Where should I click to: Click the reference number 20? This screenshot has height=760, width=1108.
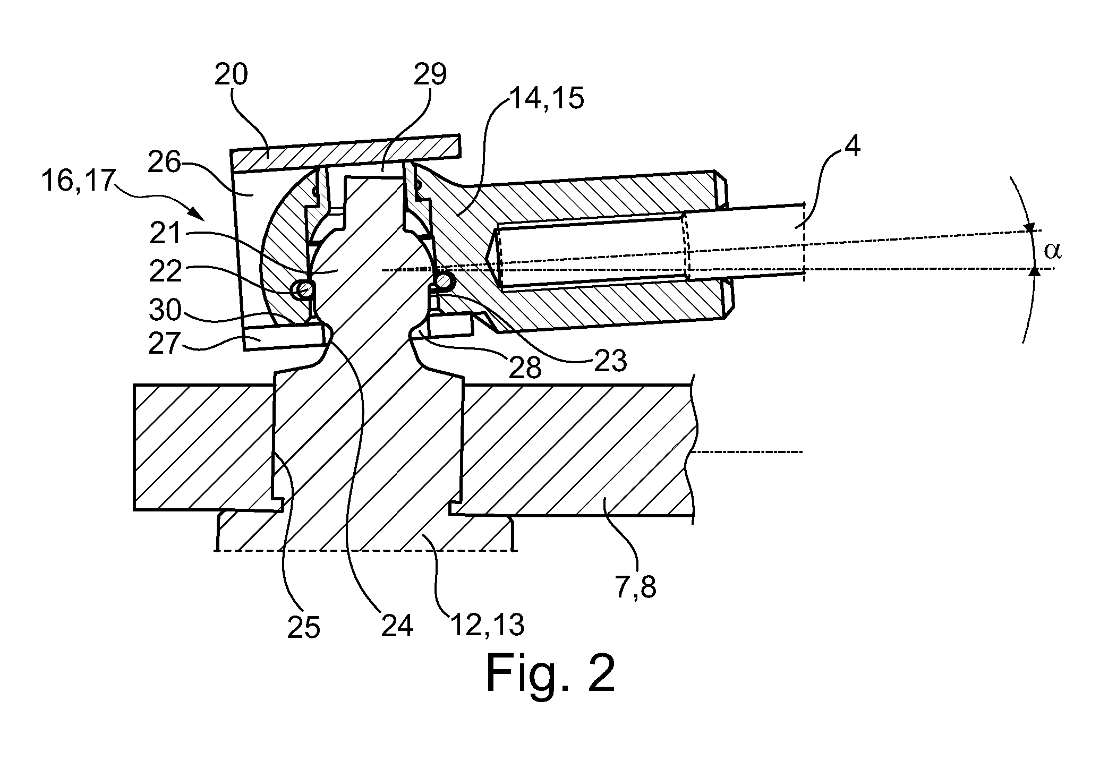231,75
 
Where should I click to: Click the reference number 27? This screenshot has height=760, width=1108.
166,343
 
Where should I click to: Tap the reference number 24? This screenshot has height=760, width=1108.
397,626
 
